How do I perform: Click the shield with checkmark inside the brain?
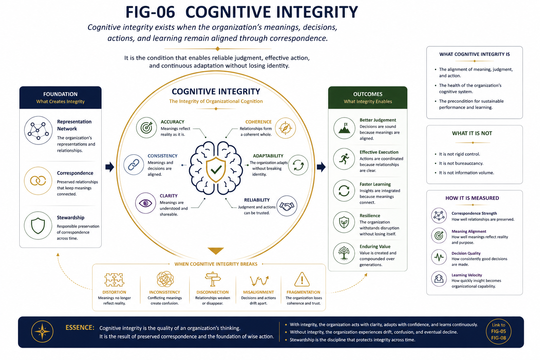(216, 169)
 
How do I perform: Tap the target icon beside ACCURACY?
(146, 128)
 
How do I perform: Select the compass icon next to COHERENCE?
(285, 128)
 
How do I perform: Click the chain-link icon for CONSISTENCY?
(134, 165)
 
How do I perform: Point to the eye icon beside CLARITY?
(145, 203)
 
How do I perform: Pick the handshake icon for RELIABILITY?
(287, 206)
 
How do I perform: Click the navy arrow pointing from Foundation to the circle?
(110, 167)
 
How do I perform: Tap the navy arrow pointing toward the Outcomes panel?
(321, 167)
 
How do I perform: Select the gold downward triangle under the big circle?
(216, 251)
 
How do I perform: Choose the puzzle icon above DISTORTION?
(114, 280)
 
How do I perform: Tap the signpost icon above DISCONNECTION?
(213, 279)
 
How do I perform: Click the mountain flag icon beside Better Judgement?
(344, 128)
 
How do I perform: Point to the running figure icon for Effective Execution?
(344, 159)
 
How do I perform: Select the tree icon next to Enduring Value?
(344, 253)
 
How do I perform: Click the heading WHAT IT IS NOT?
(472, 133)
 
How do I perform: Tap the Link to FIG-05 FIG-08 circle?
(498, 332)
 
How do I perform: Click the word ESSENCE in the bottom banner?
(80, 327)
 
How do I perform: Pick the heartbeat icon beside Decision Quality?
(439, 257)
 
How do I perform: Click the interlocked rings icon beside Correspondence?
(38, 181)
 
